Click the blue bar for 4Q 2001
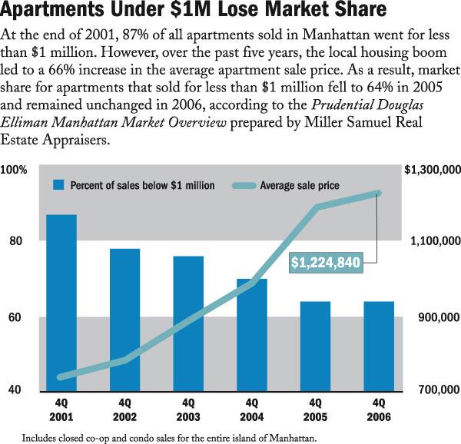point(62,303)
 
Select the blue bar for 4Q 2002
point(125,320)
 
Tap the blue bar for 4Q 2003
point(188,323)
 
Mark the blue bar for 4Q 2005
point(314,346)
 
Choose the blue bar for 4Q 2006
point(378,346)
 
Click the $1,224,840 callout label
point(326,263)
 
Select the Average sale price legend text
point(300,185)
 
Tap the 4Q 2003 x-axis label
point(188,409)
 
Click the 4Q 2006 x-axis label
point(378,409)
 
